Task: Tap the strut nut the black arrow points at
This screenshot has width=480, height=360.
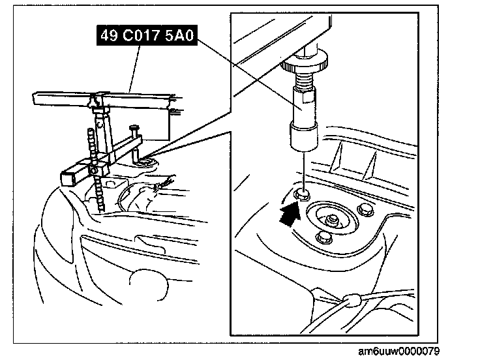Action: point(301,194)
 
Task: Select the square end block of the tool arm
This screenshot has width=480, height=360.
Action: point(69,176)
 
